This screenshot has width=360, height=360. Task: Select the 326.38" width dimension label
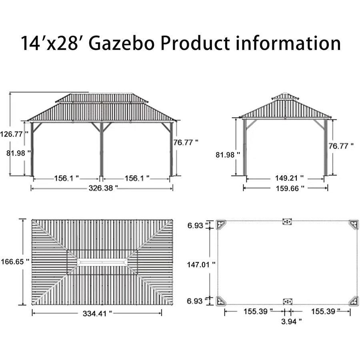coord(103,187)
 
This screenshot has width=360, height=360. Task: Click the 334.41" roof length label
coord(97,314)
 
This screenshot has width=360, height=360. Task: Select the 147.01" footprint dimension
coord(201,264)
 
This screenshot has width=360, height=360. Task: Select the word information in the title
coord(288,43)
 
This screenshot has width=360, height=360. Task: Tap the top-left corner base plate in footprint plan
coord(221,224)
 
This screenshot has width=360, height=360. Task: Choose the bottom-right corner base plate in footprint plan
coord(354,301)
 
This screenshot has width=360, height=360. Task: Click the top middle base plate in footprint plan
coord(287,221)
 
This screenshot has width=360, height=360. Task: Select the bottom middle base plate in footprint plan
coord(287,302)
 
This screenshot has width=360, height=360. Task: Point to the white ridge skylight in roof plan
coord(102,262)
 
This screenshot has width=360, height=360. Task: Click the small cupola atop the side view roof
coord(285,96)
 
